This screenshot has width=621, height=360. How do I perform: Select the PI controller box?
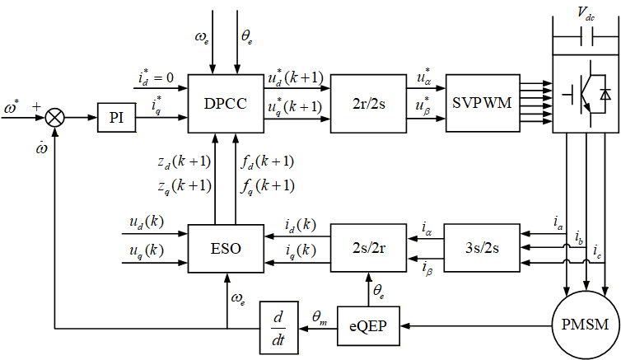[117, 117]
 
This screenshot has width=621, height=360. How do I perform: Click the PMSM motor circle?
[585, 325]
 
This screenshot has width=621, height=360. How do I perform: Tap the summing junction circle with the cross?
[55, 118]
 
